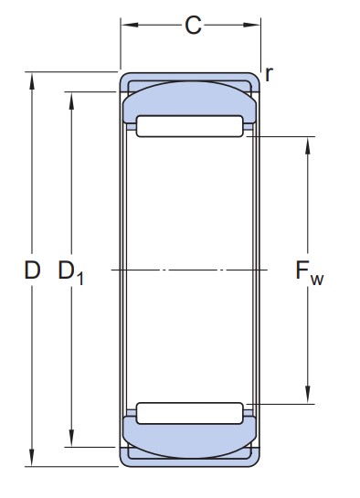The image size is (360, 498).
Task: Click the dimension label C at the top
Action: click(193, 25)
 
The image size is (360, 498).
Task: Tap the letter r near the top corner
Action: click(269, 74)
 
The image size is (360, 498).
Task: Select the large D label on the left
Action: click(32, 270)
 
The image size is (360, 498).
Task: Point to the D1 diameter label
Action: click(70, 272)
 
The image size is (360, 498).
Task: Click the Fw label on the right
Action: click(310, 273)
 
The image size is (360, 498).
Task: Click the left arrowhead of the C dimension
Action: click(130, 25)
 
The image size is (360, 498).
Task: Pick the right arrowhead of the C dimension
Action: click(252, 25)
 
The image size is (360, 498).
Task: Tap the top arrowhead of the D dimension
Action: click(31, 81)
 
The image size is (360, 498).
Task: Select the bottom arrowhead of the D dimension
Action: click(31, 458)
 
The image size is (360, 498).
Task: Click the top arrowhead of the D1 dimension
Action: click(71, 101)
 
